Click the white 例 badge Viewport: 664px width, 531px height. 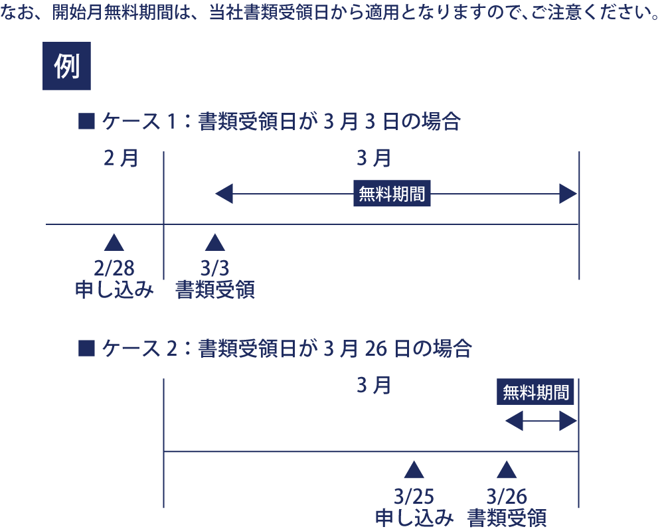66,66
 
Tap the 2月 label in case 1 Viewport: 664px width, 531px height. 121,159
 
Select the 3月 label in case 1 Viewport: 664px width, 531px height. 373,159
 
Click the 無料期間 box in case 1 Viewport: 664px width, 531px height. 392,194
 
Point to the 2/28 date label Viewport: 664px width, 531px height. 114,267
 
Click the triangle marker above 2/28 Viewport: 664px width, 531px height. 114,242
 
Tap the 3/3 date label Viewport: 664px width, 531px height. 214,267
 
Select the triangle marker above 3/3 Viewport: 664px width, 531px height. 214,242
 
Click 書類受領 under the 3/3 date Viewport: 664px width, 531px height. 214,290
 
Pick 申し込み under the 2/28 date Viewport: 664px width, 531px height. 114,290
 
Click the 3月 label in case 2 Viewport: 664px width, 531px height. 373,386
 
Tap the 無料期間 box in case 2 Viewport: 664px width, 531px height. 536,392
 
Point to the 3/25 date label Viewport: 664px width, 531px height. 414,496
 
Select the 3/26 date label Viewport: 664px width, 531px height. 507,496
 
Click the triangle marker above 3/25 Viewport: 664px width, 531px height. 414,470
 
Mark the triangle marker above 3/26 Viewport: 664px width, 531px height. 507,470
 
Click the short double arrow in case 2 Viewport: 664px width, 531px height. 541,421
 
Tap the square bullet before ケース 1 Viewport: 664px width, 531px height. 87,121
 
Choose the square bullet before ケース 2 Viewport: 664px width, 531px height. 87,348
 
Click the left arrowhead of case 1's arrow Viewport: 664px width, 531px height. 224,194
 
